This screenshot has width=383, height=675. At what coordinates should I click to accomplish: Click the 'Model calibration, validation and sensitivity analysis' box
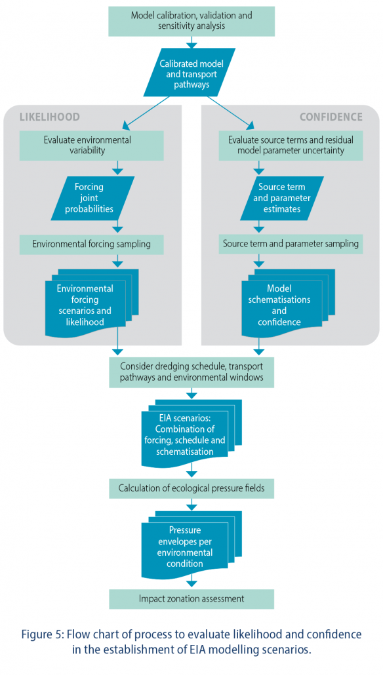(x=191, y=21)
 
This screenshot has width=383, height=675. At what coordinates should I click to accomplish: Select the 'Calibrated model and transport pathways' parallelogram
(x=191, y=72)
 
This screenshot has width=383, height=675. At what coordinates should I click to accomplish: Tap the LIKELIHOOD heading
(x=49, y=117)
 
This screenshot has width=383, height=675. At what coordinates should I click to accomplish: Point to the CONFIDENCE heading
(x=331, y=117)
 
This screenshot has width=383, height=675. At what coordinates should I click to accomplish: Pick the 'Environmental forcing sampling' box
(x=91, y=244)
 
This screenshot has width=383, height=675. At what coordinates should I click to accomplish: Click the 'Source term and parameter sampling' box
(x=291, y=244)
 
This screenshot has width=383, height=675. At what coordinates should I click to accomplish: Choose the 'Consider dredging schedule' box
(x=191, y=372)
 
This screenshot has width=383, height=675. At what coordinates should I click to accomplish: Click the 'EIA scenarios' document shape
(x=191, y=434)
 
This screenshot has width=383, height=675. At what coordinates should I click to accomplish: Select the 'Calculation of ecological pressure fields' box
(x=191, y=489)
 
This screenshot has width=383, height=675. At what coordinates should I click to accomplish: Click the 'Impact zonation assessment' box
(x=191, y=599)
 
